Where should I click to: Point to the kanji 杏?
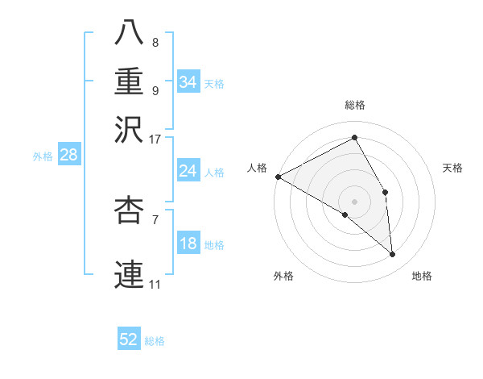point(130,210)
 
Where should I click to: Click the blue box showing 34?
point(188,82)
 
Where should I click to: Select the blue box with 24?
point(188,171)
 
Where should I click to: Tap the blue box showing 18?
point(188,244)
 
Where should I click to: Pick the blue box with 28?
point(68,156)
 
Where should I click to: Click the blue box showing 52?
point(129,339)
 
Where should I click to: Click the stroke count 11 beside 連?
point(155,284)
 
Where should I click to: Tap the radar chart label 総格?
point(355,106)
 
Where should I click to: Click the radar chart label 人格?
point(257,168)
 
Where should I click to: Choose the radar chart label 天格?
point(452,168)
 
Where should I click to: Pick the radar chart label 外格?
point(283,277)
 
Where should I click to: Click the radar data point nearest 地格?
point(392,255)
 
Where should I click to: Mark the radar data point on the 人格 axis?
point(278,177)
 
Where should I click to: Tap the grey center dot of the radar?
point(354,201)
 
